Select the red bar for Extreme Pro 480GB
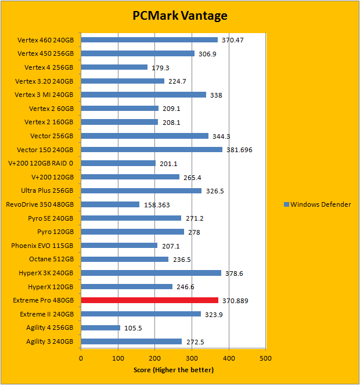coord(149,300)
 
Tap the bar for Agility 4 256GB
coord(100,328)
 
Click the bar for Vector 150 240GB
coord(152,149)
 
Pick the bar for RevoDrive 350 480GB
coord(110,204)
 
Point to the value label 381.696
coord(239,150)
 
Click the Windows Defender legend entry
coord(317,204)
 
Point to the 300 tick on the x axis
coord(192,359)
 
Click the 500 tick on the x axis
coord(265,359)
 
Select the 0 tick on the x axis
coord(81,359)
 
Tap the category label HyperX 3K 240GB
coord(43,273)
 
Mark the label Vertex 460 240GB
coord(45,40)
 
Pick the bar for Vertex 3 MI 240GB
coord(143,95)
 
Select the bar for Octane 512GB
coord(124,259)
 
